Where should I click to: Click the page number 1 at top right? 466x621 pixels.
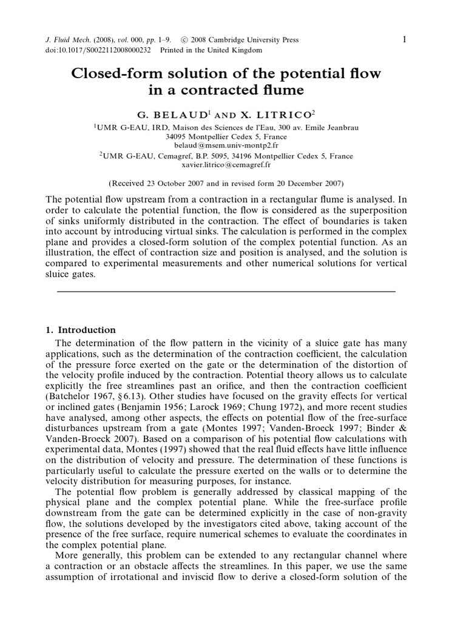pos(404,39)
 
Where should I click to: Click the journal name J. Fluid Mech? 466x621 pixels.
pos(66,40)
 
